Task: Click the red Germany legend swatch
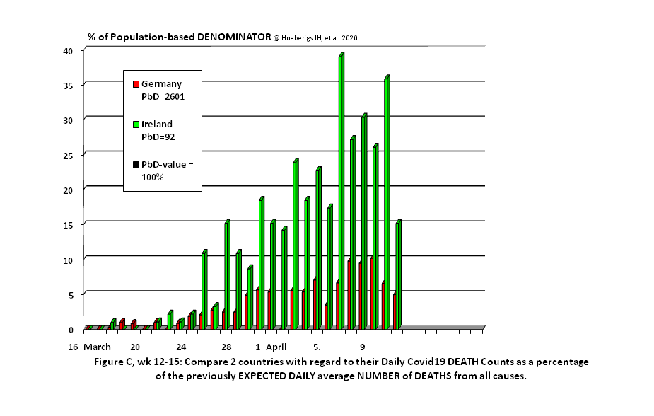136,84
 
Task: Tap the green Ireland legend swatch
136,125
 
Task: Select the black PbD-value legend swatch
136,165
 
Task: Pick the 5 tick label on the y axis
70,294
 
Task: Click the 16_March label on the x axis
89,347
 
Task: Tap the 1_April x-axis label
271,347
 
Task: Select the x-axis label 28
226,347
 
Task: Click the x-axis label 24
181,347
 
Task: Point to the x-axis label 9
363,347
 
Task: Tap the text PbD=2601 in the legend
163,96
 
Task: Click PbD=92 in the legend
158,137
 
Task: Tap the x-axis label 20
134,347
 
